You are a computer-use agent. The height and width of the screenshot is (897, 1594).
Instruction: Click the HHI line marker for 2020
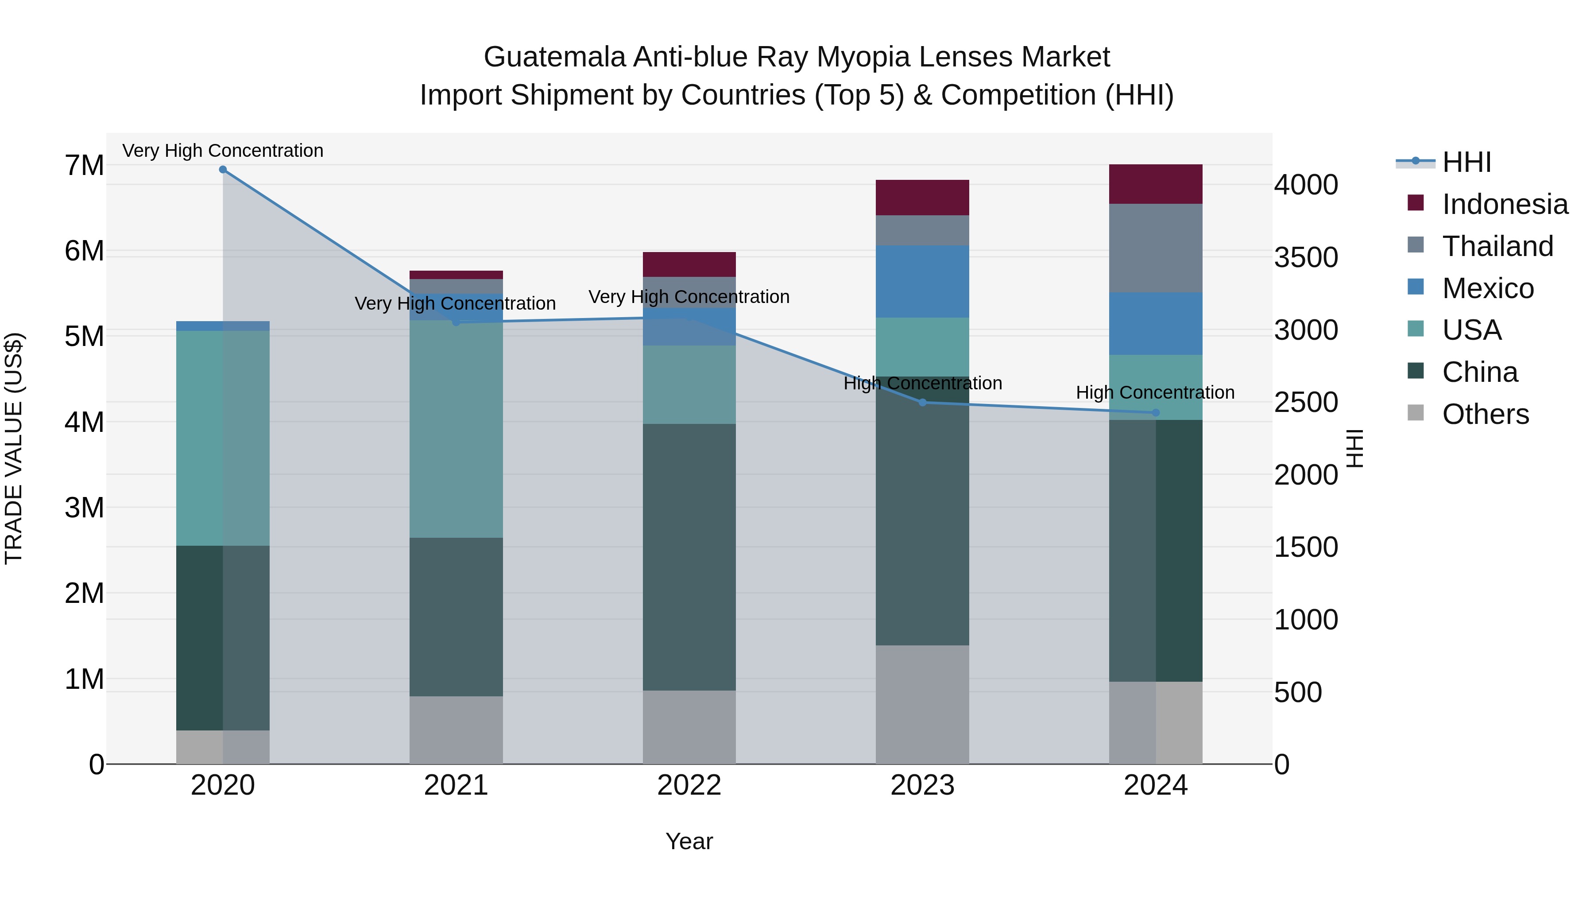[223, 170]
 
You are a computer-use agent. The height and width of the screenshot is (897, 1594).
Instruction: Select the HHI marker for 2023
[922, 402]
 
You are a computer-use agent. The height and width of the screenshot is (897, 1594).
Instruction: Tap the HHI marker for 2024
[1155, 413]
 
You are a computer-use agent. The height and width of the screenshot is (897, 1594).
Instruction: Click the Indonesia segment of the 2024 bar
[1155, 184]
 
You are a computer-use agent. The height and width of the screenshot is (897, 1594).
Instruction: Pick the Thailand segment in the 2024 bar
[1155, 248]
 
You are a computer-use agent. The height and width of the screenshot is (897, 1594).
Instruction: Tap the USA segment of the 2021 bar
[456, 428]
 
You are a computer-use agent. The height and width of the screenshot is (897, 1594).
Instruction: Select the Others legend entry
[1485, 414]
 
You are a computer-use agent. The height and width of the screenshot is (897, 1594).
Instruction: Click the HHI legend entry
[1466, 162]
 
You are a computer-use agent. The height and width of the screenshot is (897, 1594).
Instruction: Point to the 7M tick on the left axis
[84, 165]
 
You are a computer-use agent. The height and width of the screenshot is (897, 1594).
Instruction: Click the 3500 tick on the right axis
[1306, 257]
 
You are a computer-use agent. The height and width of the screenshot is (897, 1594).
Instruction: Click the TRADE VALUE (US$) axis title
[14, 448]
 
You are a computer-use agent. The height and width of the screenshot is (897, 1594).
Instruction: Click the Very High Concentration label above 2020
[223, 151]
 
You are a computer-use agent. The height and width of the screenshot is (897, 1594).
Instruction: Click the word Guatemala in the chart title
[554, 57]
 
